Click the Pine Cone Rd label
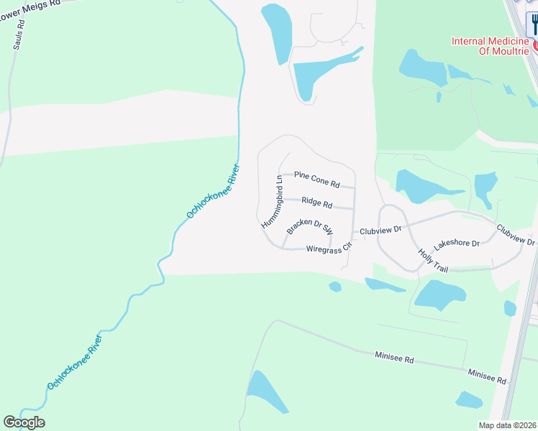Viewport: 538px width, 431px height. [x=316, y=175]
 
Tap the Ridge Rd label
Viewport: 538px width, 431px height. [x=316, y=203]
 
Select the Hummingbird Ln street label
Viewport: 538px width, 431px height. [x=270, y=203]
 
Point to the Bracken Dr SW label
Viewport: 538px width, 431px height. [x=310, y=227]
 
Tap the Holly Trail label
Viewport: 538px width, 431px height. [x=433, y=261]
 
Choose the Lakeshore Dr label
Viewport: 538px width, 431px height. [x=457, y=244]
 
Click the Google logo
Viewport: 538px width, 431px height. [x=24, y=422]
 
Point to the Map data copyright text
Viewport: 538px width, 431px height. [x=508, y=425]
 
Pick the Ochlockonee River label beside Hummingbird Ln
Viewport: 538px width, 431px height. [x=213, y=191]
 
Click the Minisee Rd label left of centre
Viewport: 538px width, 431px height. [x=394, y=357]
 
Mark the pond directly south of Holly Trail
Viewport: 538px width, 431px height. [x=439, y=295]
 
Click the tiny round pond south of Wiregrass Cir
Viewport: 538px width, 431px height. [x=334, y=287]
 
